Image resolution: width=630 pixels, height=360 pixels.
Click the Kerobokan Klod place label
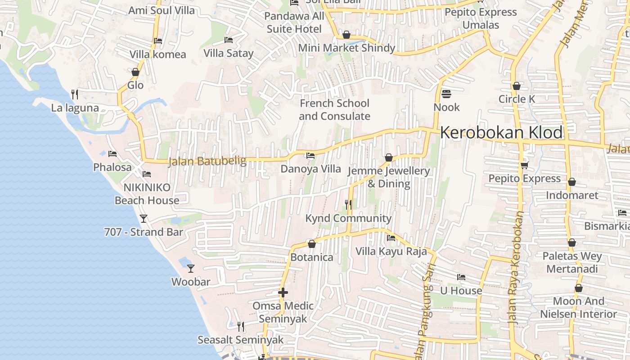tap(501, 133)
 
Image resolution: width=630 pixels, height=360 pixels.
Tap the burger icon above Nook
tap(446, 94)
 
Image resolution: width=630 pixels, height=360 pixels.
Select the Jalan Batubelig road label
tap(207, 161)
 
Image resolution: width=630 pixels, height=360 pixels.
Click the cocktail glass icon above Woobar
tap(191, 268)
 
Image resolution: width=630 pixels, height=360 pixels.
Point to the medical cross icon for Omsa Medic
tap(283, 292)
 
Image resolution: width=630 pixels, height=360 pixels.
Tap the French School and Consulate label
tap(334, 110)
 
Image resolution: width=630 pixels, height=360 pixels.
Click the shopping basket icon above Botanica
tap(311, 244)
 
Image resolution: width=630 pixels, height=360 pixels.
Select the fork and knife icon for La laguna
tap(75, 94)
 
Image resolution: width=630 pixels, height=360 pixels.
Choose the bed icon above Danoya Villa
tap(310, 156)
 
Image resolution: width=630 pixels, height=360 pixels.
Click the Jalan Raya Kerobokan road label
tap(516, 268)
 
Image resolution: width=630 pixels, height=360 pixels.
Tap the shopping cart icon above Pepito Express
tap(524, 165)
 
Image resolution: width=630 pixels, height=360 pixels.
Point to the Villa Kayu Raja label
tap(391, 251)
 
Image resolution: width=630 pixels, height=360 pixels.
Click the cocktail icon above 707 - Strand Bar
tap(144, 218)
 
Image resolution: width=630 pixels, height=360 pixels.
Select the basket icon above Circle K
tap(516, 85)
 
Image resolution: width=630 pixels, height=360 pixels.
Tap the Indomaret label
tap(572, 195)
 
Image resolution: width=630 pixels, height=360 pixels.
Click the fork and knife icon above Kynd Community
tap(348, 205)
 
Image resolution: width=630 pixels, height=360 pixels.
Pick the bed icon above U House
tap(461, 277)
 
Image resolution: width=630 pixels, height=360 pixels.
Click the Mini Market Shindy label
tap(346, 48)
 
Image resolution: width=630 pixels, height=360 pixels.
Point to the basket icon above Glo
tap(135, 72)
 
